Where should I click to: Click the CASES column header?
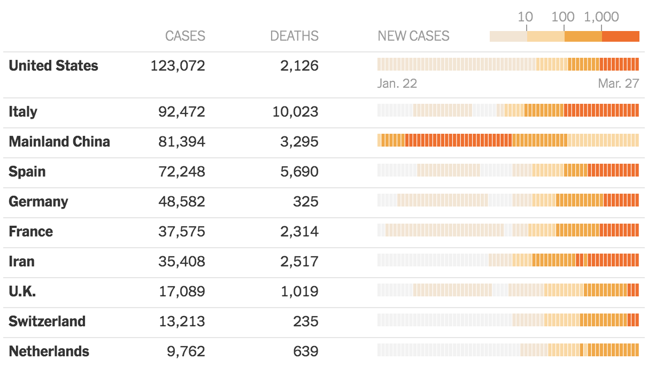[185, 36]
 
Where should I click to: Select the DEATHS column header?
[294, 36]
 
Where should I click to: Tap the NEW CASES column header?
[413, 36]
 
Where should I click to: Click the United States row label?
[53, 66]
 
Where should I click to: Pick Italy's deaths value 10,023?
[295, 112]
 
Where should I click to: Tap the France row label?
[31, 232]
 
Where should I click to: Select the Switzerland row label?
[47, 322]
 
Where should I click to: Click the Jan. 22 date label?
[397, 83]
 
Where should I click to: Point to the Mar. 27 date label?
[619, 83]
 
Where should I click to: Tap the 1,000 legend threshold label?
[601, 17]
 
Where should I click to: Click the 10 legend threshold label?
[525, 17]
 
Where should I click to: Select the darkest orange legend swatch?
[621, 36]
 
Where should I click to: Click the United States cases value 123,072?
[178, 66]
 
